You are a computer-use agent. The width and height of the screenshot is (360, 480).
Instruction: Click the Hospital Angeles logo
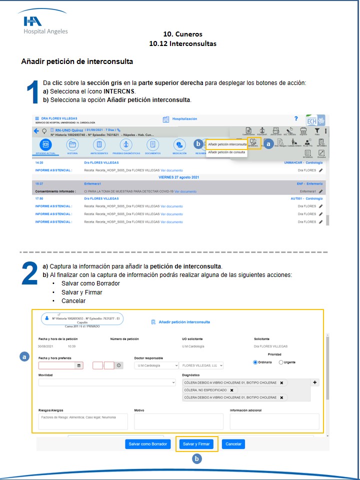pyautogui.click(x=45, y=24)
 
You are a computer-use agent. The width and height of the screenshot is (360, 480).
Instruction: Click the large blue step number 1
pyautogui.click(x=32, y=91)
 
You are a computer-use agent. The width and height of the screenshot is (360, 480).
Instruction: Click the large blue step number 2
pyautogui.click(x=30, y=274)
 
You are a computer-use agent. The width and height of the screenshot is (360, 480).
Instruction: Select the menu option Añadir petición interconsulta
pyautogui.click(x=227, y=144)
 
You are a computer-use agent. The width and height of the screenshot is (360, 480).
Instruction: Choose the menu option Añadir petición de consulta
pyautogui.click(x=226, y=152)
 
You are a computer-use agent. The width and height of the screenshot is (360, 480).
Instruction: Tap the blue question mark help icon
pyautogui.click(x=296, y=118)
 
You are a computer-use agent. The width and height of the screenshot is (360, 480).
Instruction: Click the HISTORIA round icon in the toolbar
pyautogui.click(x=72, y=144)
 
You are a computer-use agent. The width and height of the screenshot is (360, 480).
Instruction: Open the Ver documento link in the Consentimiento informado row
pyautogui.click(x=185, y=191)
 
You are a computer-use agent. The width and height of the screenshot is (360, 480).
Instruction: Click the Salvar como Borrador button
pyautogui.click(x=147, y=444)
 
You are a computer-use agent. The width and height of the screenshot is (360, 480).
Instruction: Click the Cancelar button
pyautogui.click(x=233, y=444)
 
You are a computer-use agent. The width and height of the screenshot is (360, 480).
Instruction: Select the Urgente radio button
pyautogui.click(x=281, y=362)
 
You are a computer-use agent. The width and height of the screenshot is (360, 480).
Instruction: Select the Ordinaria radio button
pyautogui.click(x=255, y=362)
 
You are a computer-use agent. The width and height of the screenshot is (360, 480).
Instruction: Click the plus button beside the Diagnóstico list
pyautogui.click(x=315, y=382)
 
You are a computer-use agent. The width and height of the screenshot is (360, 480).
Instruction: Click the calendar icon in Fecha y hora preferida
pyautogui.click(x=78, y=365)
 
